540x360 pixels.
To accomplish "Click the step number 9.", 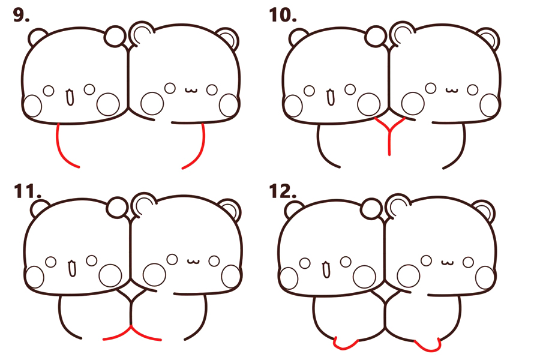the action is [x=21, y=16].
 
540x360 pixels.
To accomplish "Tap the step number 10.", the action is [x=283, y=16].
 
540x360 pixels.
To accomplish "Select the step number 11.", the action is [x=28, y=191].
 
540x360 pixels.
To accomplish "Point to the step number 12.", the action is [x=283, y=191].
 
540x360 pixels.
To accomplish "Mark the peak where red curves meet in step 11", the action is [x=131, y=326].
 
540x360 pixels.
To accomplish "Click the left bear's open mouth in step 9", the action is [x=70, y=97].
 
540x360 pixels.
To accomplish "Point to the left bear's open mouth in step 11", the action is [x=72, y=268].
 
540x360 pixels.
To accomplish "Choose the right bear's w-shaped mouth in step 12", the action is [x=448, y=263].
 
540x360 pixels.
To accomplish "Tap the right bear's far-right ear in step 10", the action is [x=488, y=38].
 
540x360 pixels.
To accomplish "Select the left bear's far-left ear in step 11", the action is [x=38, y=208].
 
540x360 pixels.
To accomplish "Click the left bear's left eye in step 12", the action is [x=305, y=263].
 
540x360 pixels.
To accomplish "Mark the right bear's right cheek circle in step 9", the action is [x=229, y=105].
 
